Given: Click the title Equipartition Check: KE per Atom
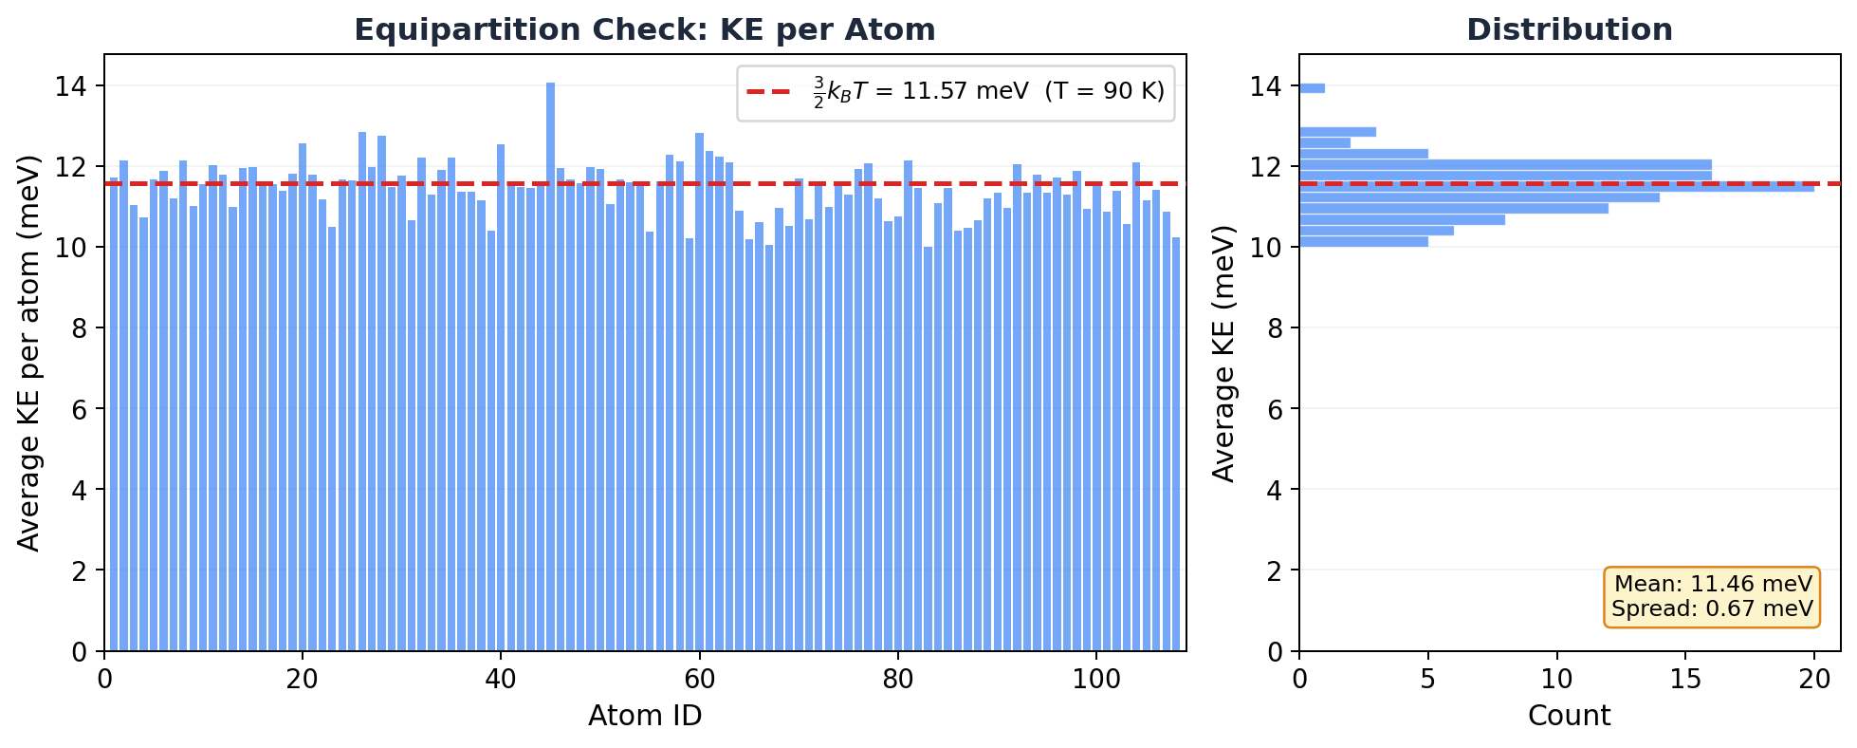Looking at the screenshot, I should click(645, 30).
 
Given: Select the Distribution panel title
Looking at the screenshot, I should click(1570, 30).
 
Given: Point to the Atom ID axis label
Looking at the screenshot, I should click(645, 716).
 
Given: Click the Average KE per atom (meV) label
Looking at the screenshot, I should click(29, 353).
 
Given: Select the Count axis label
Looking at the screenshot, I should click(1569, 716).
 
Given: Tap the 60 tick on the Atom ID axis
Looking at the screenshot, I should click(699, 680).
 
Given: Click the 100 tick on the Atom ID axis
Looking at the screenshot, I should click(1096, 680).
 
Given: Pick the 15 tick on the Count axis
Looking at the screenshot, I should click(1685, 680).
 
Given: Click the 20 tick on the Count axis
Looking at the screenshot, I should click(1814, 680).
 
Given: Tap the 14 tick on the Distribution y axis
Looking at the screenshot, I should click(1265, 86).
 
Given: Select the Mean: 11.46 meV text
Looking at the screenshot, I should click(1713, 585).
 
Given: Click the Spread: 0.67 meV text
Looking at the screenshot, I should click(1713, 609).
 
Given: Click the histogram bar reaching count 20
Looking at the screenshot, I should click(1555, 187).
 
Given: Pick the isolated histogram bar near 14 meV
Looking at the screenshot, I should click(1312, 88).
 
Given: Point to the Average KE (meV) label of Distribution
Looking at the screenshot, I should click(1224, 353).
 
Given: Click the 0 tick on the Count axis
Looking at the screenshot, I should click(1299, 680).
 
